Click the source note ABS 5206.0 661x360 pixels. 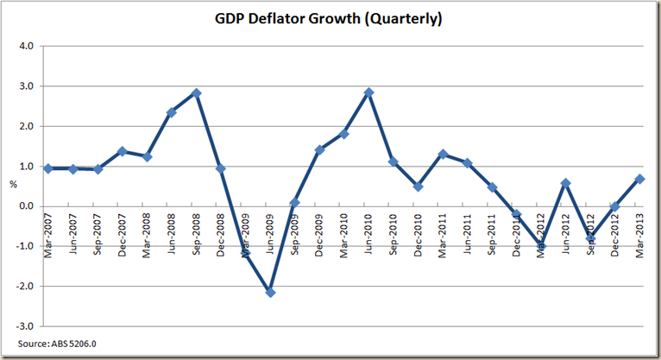[x=41, y=345]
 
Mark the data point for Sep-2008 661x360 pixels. [x=197, y=92]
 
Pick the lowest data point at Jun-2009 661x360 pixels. [x=271, y=293]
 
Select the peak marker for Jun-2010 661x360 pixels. [x=369, y=92]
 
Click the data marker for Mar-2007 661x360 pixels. [x=48, y=168]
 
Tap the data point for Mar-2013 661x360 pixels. [x=639, y=179]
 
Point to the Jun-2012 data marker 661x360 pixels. [x=566, y=183]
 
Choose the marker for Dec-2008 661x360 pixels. [x=222, y=168]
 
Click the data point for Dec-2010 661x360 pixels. [x=418, y=186]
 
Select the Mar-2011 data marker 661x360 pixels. [x=443, y=154]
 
